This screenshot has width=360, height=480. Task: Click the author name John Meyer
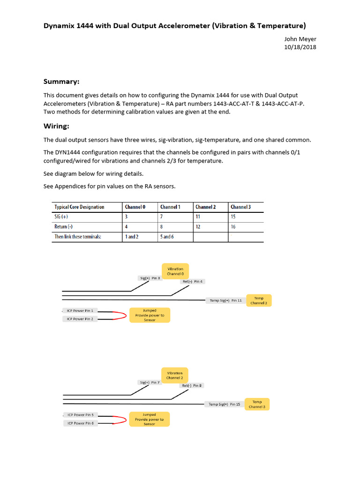click(300, 39)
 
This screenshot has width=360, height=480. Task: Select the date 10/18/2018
click(300, 47)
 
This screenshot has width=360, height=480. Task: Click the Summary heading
click(61, 82)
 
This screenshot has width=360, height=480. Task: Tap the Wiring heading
click(56, 126)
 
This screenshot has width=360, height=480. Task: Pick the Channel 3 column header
click(240, 207)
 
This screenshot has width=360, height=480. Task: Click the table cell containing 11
click(198, 217)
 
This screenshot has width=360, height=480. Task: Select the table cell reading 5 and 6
click(167, 237)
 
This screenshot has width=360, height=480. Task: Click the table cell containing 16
click(233, 227)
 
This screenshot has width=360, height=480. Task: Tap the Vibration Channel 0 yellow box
click(175, 271)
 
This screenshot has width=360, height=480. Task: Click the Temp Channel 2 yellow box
click(258, 300)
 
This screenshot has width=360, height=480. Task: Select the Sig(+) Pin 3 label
click(150, 278)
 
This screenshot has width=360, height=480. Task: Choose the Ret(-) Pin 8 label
click(192, 385)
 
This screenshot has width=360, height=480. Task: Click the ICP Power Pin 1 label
click(80, 310)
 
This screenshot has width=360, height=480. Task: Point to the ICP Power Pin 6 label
click(80, 423)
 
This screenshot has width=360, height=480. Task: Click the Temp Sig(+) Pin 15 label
click(224, 404)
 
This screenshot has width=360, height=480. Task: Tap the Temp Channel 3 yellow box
click(257, 404)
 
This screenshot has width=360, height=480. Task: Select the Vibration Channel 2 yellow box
click(175, 375)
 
